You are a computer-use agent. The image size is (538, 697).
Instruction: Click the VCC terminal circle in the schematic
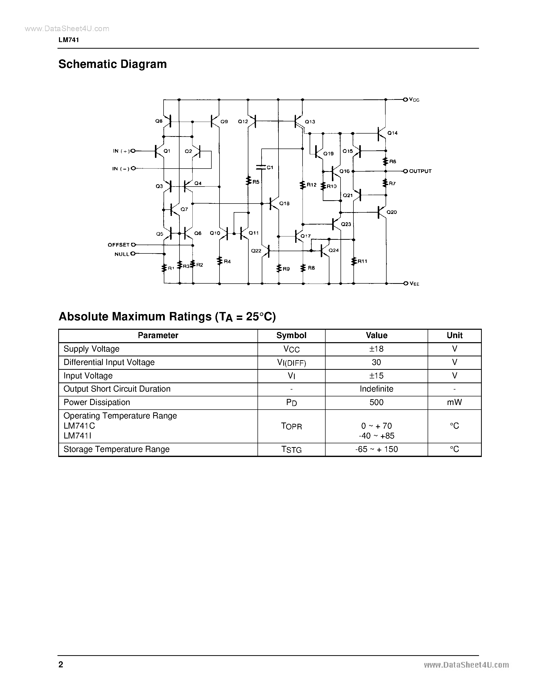click(x=405, y=100)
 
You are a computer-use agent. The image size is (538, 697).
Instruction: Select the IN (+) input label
click(x=121, y=151)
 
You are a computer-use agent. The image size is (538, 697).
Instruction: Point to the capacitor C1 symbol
click(x=261, y=167)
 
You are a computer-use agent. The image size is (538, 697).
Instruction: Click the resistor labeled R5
click(x=248, y=181)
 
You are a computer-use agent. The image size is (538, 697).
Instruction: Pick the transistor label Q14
click(x=392, y=133)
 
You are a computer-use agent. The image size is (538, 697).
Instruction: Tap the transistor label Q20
click(x=392, y=212)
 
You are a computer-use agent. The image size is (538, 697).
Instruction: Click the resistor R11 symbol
click(x=354, y=261)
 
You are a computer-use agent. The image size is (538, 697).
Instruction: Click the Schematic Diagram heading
click(x=112, y=64)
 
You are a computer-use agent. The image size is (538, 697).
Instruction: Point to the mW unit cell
click(x=454, y=402)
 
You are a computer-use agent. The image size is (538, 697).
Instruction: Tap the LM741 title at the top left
click(x=69, y=40)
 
